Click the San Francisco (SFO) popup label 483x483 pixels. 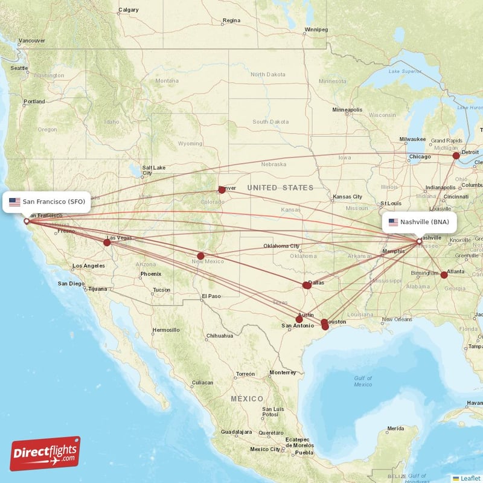47,202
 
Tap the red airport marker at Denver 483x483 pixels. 222,190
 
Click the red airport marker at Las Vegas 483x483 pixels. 107,243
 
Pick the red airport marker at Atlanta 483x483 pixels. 444,275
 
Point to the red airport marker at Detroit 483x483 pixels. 456,156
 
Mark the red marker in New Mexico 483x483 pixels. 200,256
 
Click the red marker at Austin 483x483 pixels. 299,319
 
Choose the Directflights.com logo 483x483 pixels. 45,453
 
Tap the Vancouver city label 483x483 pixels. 31,41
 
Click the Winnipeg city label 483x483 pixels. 316,30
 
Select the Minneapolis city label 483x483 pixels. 347,110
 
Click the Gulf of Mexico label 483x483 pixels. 363,381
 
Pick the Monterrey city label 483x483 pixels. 283,373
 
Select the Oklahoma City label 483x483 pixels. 281,246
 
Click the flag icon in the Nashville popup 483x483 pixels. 393,222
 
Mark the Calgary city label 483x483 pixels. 128,10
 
